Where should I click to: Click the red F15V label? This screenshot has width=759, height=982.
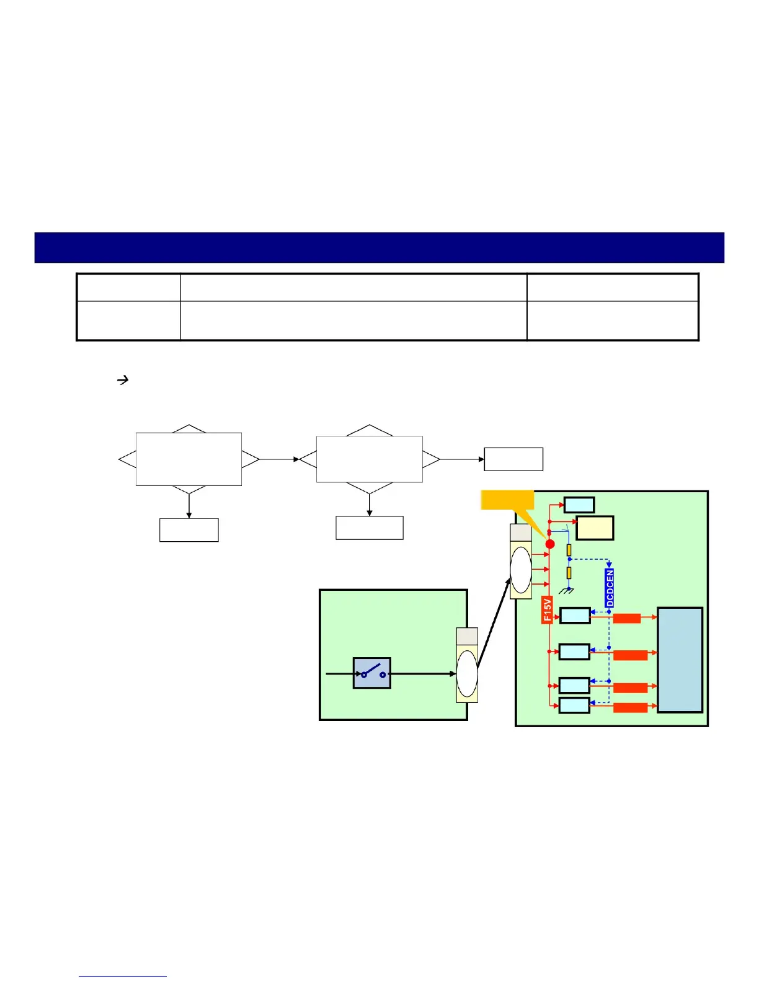pyautogui.click(x=547, y=610)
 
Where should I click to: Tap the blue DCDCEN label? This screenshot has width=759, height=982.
pyautogui.click(x=610, y=588)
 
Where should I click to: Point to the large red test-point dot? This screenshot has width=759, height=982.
pyautogui.click(x=550, y=544)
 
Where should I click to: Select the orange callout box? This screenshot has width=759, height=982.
pyautogui.click(x=507, y=500)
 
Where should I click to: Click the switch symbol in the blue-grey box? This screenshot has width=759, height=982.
pyautogui.click(x=372, y=673)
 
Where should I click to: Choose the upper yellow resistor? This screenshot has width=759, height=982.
pyautogui.click(x=569, y=550)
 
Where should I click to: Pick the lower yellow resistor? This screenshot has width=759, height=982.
pyautogui.click(x=569, y=573)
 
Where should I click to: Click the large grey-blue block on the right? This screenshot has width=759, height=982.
pyautogui.click(x=680, y=660)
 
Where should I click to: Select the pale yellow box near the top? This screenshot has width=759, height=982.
pyautogui.click(x=595, y=528)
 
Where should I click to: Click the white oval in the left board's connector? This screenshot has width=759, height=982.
pyautogui.click(x=467, y=673)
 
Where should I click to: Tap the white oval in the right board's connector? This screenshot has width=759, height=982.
pyautogui.click(x=521, y=570)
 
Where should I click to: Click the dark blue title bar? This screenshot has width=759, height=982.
pyautogui.click(x=379, y=248)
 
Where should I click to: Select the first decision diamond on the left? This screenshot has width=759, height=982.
pyautogui.click(x=189, y=459)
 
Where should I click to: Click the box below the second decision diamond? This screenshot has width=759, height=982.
pyautogui.click(x=370, y=528)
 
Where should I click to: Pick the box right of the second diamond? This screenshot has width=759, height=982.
pyautogui.click(x=513, y=459)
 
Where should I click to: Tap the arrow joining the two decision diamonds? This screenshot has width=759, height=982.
pyautogui.click(x=279, y=459)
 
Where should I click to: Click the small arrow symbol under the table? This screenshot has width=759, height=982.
pyautogui.click(x=123, y=380)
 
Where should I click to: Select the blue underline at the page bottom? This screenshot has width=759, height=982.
pyautogui.click(x=123, y=976)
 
